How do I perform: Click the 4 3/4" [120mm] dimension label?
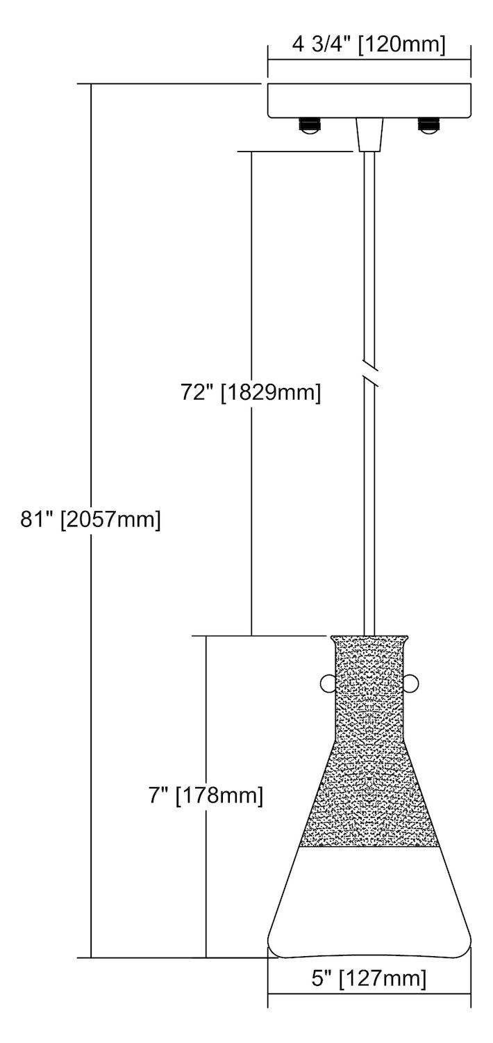pos(369,45)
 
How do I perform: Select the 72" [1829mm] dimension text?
pos(251,393)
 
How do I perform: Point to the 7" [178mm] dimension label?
pos(206,795)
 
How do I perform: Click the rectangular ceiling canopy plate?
pos(369,99)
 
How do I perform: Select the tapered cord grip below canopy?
pos(369,134)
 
